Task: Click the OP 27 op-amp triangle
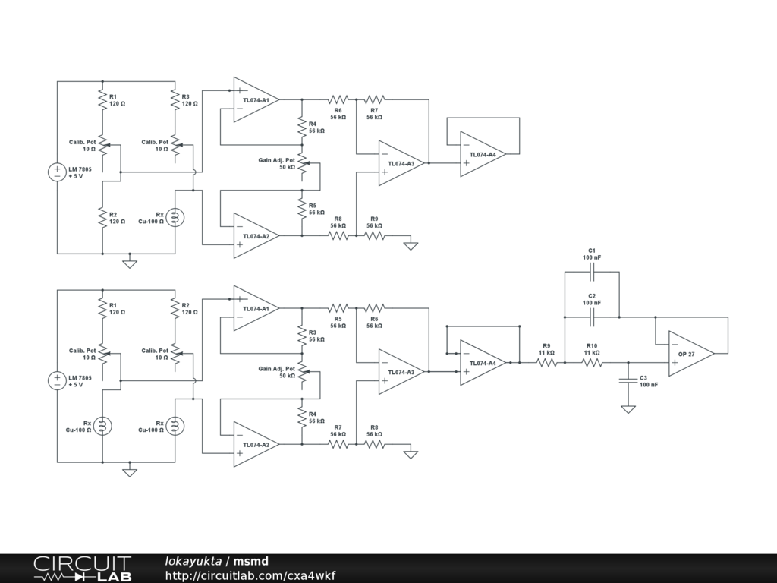click(691, 354)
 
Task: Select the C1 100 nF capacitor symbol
click(592, 272)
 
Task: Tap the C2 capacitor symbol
click(592, 317)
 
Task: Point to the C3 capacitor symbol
click(628, 381)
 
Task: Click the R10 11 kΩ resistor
click(592, 363)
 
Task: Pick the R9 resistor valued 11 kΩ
click(546, 363)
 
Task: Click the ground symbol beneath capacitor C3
click(628, 409)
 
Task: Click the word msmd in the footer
click(250, 561)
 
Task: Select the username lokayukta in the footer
click(193, 561)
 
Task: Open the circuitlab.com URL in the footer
click(250, 575)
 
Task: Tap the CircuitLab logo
click(83, 569)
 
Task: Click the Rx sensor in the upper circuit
click(175, 217)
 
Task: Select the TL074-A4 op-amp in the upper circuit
click(483, 154)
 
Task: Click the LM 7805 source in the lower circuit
click(57, 381)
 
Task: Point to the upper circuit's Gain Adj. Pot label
click(276, 160)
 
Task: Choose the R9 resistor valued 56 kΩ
click(375, 236)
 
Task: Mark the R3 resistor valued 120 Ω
click(175, 99)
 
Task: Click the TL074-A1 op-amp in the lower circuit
click(256, 308)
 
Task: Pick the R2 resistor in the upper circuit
click(102, 217)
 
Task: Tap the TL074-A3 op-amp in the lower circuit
click(402, 372)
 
